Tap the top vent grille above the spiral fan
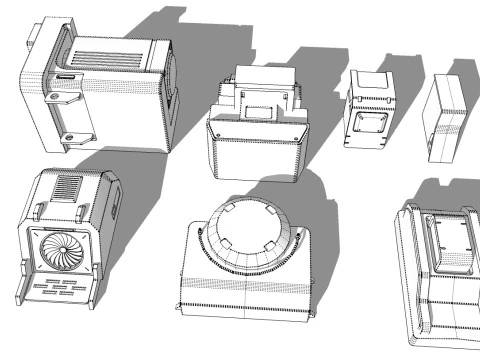67,188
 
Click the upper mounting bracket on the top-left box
62,97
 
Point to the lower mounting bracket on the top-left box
73,135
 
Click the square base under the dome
245,290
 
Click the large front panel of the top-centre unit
255,155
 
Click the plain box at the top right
447,118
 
